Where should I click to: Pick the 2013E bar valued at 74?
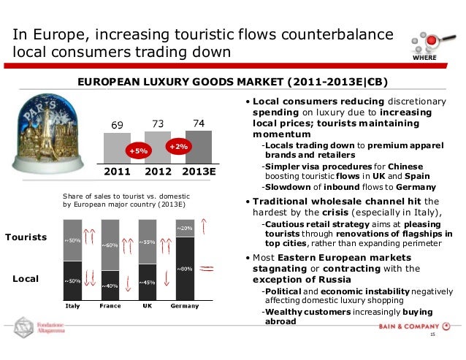click(x=200, y=145)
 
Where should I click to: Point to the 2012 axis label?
click(x=159, y=172)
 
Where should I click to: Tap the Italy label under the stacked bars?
click(x=73, y=305)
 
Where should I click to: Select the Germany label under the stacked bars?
click(x=184, y=305)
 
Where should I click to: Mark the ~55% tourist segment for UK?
click(x=148, y=242)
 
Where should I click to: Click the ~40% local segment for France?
click(x=111, y=285)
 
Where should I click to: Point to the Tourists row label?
click(x=26, y=238)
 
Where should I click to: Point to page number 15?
click(x=432, y=334)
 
